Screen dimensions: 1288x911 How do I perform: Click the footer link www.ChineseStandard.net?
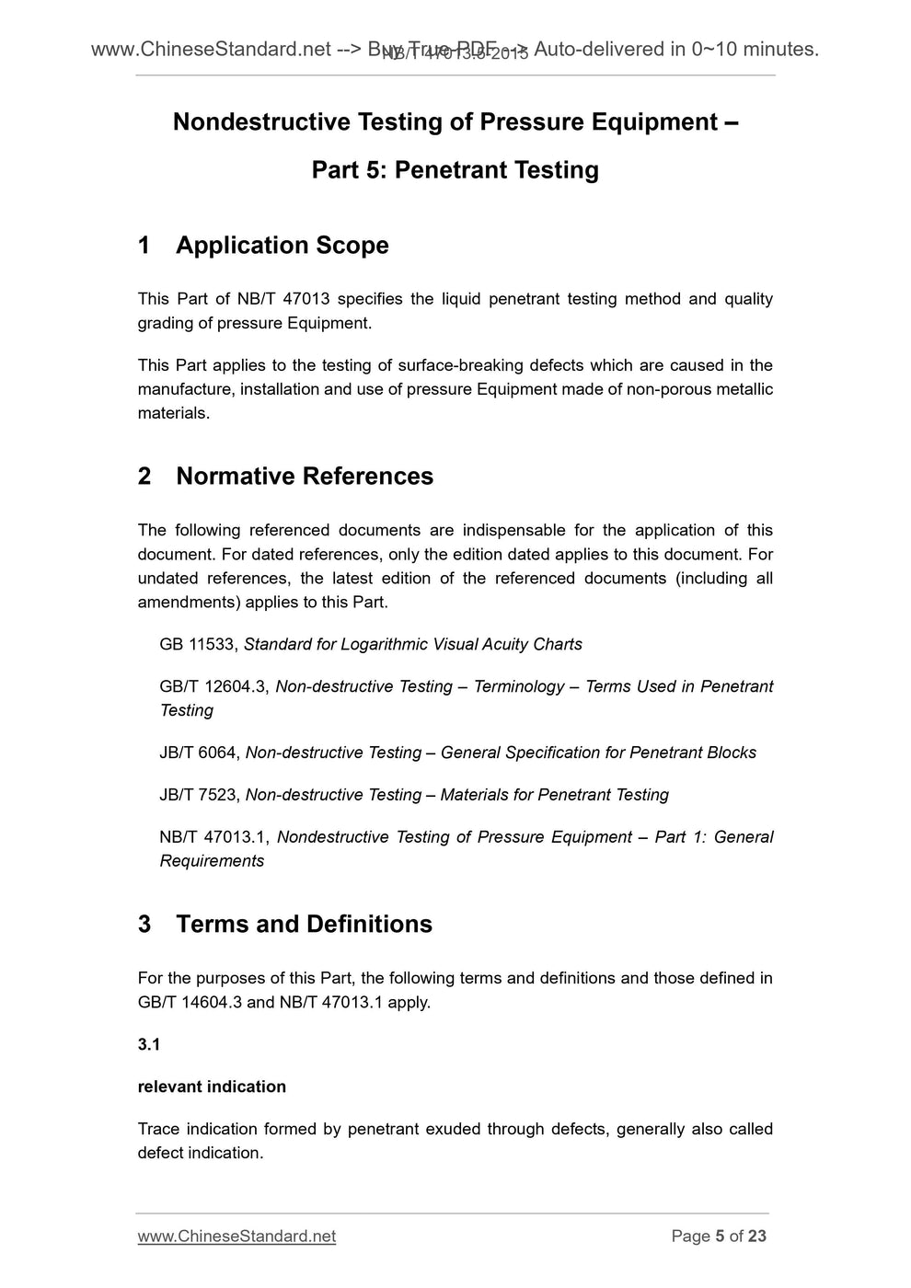[236, 1236]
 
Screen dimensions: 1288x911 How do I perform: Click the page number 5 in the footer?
[720, 1236]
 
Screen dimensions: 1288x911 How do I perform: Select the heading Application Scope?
[282, 245]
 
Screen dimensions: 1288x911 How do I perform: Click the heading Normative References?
[304, 476]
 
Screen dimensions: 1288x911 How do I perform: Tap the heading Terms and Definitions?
[304, 924]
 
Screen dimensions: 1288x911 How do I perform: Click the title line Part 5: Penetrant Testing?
[455, 169]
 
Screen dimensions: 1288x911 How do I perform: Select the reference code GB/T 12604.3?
[213, 686]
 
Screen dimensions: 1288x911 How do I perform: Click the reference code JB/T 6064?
[199, 753]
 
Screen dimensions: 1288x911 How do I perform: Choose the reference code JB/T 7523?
[199, 795]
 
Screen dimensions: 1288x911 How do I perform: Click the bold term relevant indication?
[212, 1087]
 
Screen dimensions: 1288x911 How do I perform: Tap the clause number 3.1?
[148, 1044]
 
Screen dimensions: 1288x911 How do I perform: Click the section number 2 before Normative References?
[144, 476]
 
